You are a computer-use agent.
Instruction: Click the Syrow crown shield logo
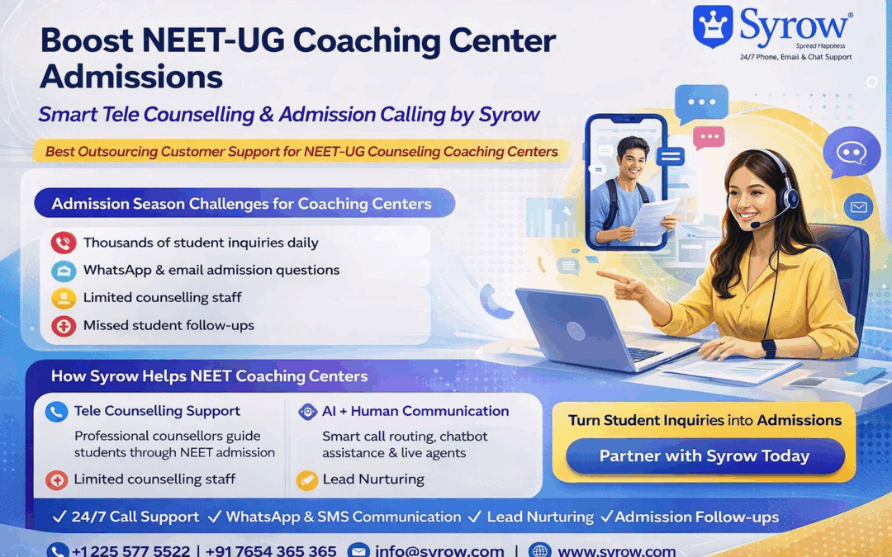713,26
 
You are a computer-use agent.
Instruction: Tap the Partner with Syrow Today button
705,456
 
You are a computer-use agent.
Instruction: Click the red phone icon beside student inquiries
63,243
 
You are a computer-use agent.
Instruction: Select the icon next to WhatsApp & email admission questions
63,271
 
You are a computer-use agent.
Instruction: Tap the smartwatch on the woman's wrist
768,347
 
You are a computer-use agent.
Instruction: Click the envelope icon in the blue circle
858,207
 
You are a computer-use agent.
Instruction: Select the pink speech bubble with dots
708,137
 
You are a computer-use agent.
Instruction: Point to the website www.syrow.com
616,550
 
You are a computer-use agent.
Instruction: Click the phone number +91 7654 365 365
271,550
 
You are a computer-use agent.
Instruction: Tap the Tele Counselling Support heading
157,411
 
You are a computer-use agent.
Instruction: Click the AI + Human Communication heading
415,411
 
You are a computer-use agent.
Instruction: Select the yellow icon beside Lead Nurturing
307,479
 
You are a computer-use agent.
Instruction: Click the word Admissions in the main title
131,77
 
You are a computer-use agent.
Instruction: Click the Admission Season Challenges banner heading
242,203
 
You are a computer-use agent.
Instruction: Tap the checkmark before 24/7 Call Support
59,517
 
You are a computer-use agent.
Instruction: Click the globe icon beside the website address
539,550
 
